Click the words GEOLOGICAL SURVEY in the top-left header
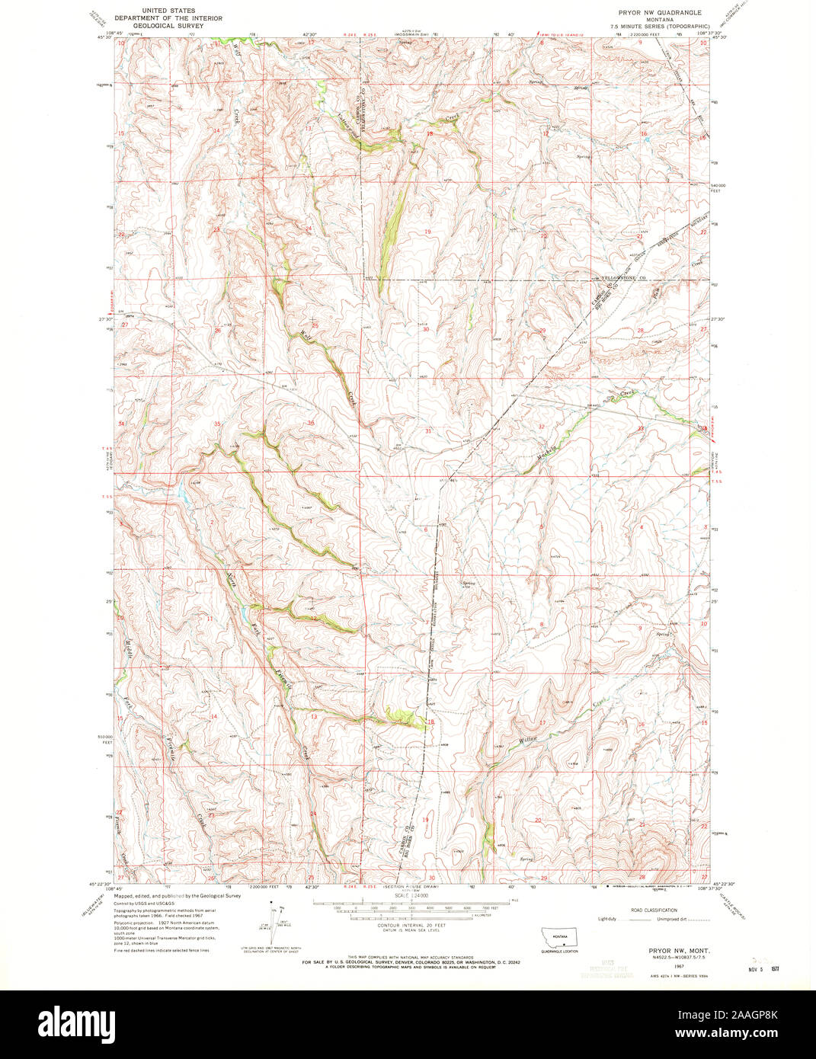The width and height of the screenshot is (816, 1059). pyautogui.click(x=159, y=25)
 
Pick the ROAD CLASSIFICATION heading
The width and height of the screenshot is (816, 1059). pyautogui.click(x=653, y=910)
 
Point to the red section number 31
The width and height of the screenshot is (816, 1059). pyautogui.click(x=428, y=431)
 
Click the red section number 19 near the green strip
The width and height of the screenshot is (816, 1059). pyautogui.click(x=428, y=231)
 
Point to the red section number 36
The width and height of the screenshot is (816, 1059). pyautogui.click(x=311, y=423)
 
